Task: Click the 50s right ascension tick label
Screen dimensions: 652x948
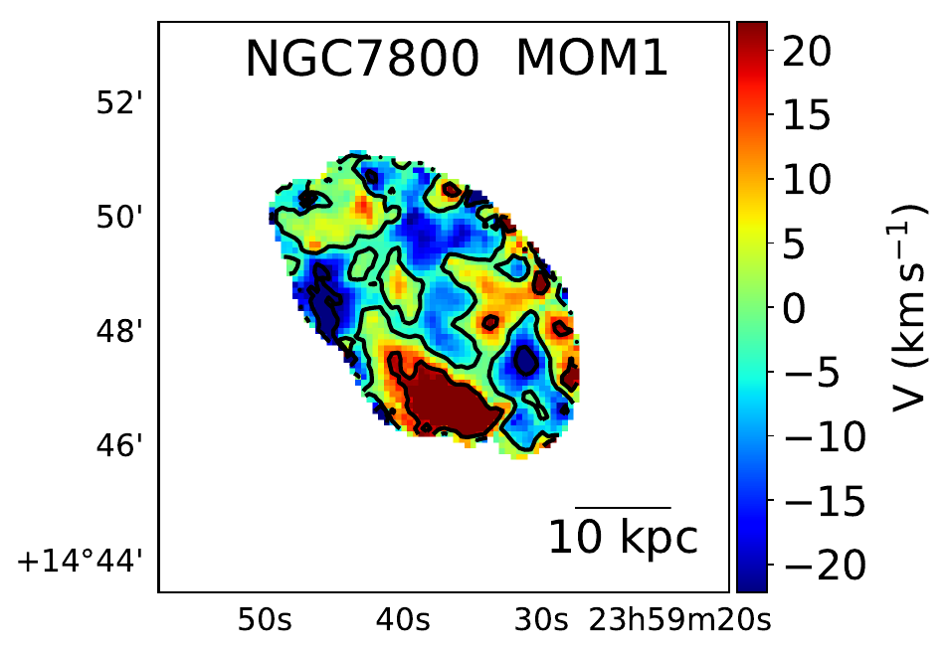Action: [x=265, y=621]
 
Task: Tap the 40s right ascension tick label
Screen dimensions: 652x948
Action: [x=403, y=621]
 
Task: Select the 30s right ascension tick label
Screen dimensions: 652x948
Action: [x=541, y=621]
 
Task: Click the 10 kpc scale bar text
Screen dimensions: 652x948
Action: [x=624, y=538]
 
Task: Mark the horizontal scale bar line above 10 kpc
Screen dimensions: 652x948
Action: [x=624, y=508]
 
